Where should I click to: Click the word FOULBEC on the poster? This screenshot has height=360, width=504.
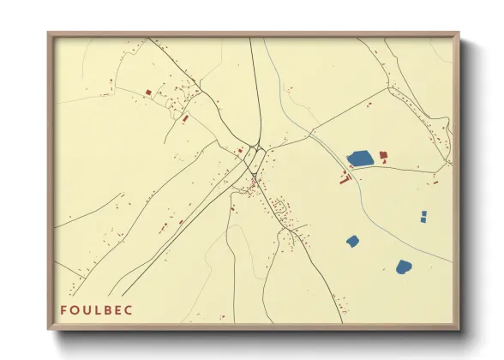[x=96, y=309]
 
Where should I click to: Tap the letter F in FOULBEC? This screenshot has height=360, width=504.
[x=63, y=309]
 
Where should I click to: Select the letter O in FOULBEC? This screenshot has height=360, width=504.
[x=75, y=309]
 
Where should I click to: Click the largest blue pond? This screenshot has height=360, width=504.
[x=360, y=159]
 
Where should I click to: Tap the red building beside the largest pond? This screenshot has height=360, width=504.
[x=383, y=155]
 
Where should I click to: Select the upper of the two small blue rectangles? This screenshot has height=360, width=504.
[x=424, y=213]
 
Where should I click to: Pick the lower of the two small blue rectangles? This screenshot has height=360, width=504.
[x=423, y=220]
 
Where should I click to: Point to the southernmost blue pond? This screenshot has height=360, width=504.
[x=404, y=267]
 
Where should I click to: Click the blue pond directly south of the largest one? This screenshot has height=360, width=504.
[x=351, y=241]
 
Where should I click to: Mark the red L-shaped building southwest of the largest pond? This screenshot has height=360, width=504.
[x=345, y=180]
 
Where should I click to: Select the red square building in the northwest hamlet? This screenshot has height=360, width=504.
[x=148, y=92]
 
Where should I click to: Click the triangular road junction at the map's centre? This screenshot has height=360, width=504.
[x=256, y=147]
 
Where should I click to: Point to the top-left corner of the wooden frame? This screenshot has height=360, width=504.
[x=50, y=34]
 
